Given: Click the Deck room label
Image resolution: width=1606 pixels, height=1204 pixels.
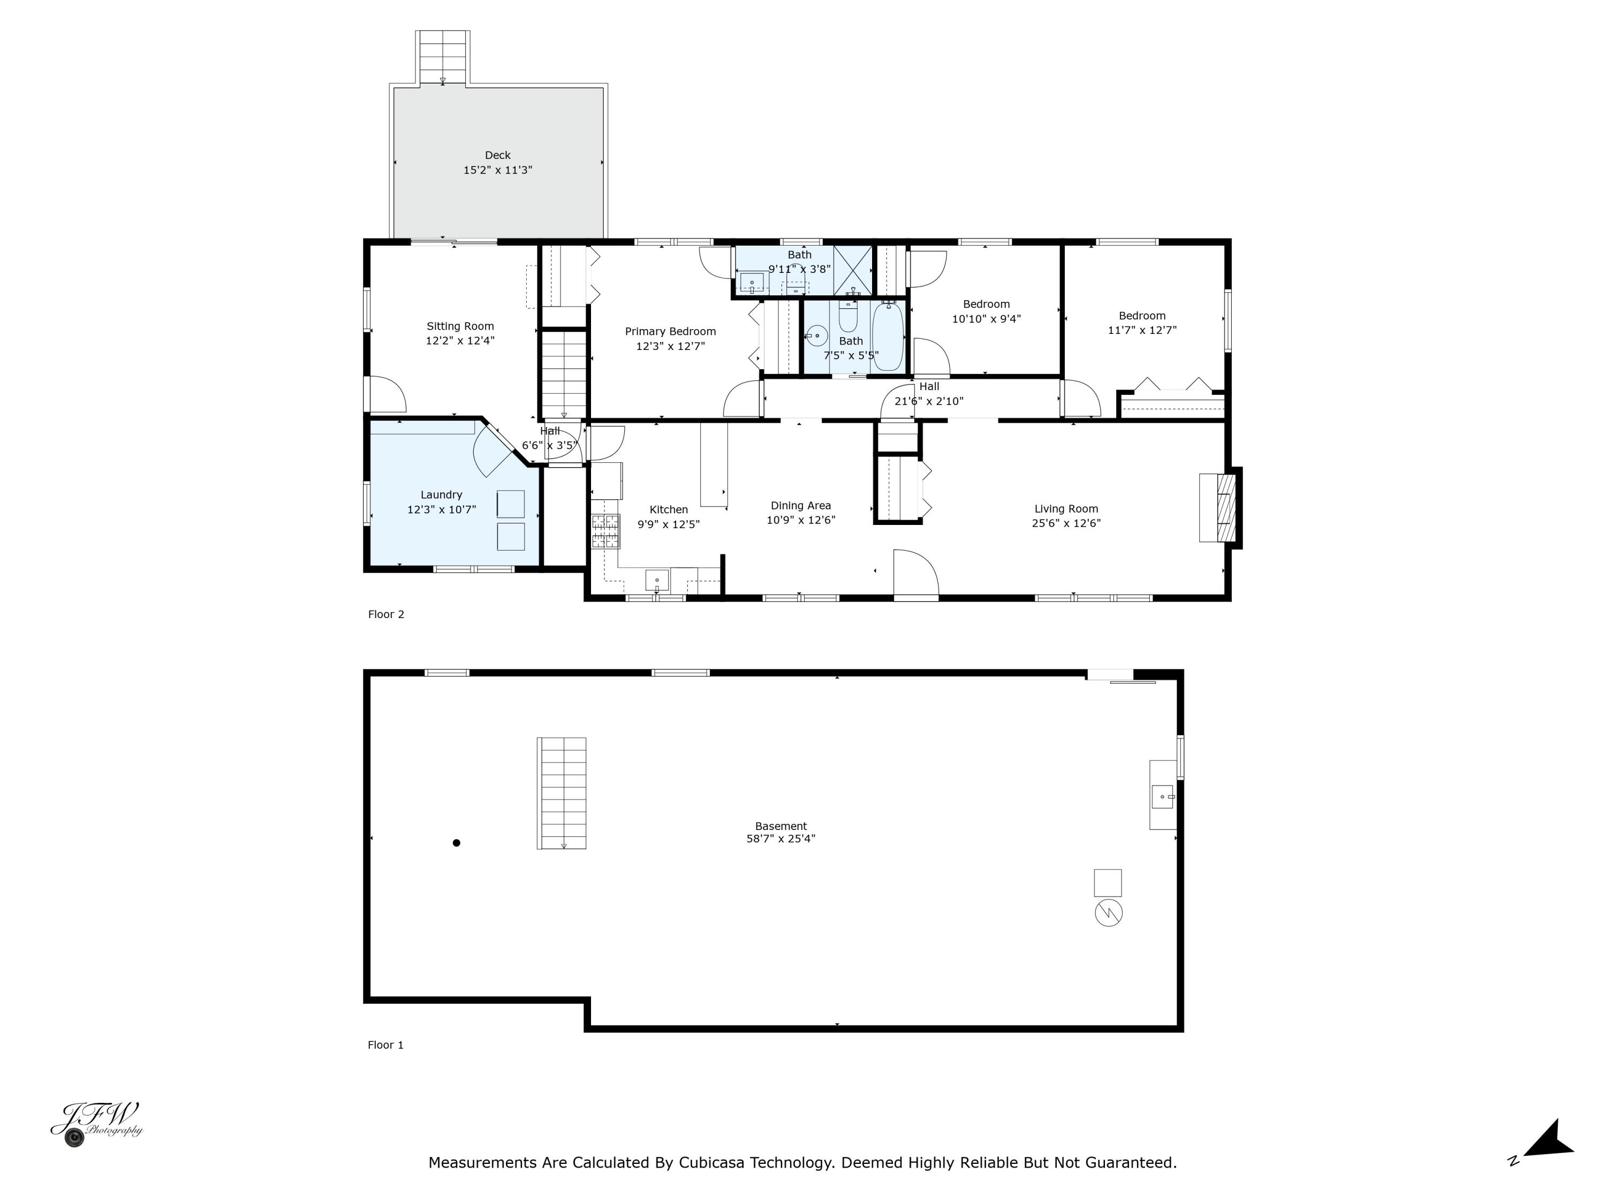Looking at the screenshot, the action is click(x=497, y=155).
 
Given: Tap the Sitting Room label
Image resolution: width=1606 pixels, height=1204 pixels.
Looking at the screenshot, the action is click(x=460, y=326).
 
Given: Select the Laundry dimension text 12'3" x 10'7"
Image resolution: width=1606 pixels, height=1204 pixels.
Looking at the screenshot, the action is click(x=442, y=509).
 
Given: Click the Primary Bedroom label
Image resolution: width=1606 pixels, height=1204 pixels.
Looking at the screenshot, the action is click(x=670, y=332).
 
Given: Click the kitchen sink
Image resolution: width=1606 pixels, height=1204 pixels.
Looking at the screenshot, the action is click(x=657, y=580).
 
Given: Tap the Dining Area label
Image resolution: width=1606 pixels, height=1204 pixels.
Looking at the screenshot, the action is click(x=801, y=506).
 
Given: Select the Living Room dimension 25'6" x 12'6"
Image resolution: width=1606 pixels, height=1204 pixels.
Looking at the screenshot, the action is click(x=1066, y=523).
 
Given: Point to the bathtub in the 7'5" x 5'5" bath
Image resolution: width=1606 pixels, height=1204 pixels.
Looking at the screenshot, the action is click(x=887, y=337).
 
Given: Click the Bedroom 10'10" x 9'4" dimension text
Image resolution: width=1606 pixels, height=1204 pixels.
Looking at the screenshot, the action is click(x=986, y=318).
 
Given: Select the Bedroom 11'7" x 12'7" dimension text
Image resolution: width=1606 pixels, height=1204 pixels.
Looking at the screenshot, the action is click(x=1142, y=330).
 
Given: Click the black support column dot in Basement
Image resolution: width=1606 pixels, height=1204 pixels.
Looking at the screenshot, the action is click(x=457, y=843).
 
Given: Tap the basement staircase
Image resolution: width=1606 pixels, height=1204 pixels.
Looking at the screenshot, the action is click(x=561, y=792).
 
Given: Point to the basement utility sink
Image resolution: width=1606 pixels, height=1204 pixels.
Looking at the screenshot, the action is click(x=1162, y=796).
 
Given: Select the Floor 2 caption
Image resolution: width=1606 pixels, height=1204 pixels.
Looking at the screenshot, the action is click(x=387, y=615).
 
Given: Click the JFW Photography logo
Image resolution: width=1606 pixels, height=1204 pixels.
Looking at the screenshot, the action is click(x=96, y=1123).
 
